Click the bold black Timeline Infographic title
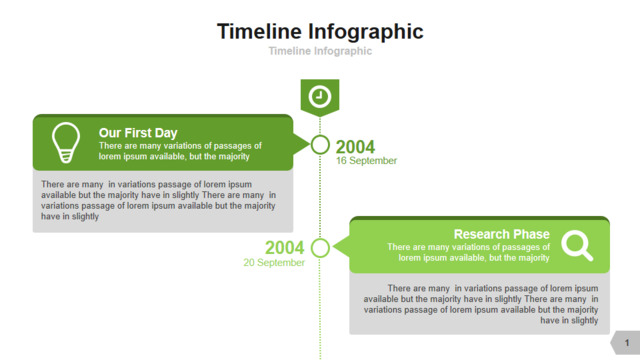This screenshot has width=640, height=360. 320,32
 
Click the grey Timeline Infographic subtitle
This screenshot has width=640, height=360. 320,51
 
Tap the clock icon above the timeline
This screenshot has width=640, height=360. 320,97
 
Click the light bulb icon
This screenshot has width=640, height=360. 66,142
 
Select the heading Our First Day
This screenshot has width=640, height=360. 138,133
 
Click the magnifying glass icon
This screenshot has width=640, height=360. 577,245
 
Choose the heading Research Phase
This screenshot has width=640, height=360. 502,234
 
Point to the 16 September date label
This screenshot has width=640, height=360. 367,161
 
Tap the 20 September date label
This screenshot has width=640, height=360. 274,262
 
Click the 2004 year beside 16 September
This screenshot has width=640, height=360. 355,147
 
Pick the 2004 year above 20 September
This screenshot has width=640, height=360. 284,248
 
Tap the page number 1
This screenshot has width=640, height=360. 627,343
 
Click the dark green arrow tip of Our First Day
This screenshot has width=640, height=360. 309,144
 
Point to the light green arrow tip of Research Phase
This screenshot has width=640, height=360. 333,247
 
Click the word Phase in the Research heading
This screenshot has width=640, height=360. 531,234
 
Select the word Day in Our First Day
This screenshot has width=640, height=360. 166,133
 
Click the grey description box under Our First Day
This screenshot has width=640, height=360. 163,201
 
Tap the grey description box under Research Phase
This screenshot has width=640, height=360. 480,304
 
